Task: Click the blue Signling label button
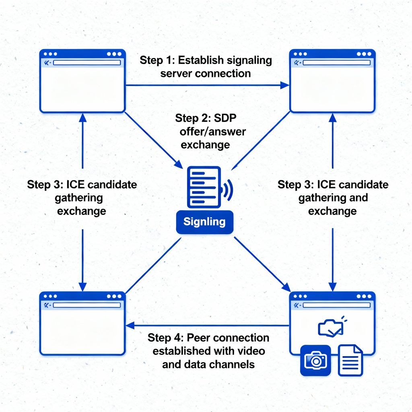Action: (x=204, y=222)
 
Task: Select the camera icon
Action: (x=315, y=360)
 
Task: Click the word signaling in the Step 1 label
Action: (x=249, y=61)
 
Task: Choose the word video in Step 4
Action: (x=251, y=351)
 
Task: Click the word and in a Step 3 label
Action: (x=359, y=198)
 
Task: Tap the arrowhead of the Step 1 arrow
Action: (x=285, y=85)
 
